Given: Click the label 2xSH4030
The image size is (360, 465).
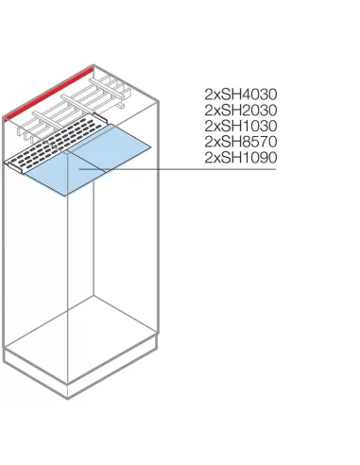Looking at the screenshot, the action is click(240, 95).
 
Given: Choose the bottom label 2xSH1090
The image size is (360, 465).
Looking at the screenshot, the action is click(240, 158).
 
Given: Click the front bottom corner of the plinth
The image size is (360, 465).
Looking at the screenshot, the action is click(69, 397).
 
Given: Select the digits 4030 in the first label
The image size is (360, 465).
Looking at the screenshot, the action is click(257, 95).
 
